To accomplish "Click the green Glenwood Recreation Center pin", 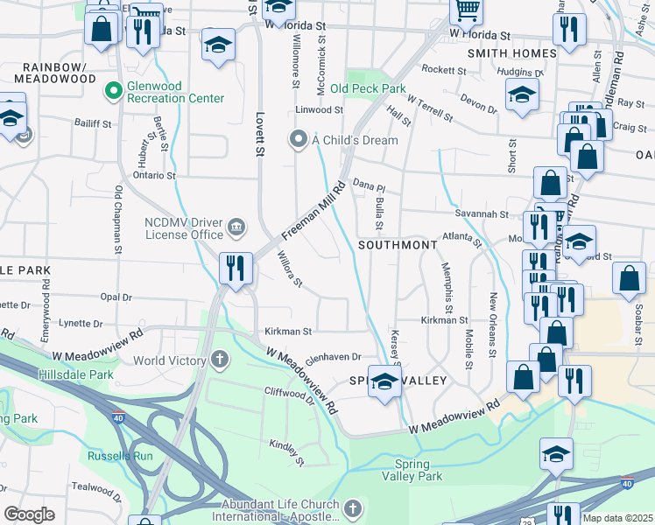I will (x=113, y=90).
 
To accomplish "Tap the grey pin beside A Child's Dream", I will (x=299, y=140).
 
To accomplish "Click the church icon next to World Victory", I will (x=219, y=360).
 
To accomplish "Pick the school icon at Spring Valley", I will (x=384, y=381).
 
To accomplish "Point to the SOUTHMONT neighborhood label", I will (x=397, y=245).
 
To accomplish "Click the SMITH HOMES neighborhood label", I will (x=511, y=53).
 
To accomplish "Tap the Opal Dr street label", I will (x=116, y=297).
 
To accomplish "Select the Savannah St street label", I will (x=481, y=213).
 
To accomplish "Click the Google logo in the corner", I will (x=29, y=514).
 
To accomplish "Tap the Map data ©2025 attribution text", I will (x=617, y=518).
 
